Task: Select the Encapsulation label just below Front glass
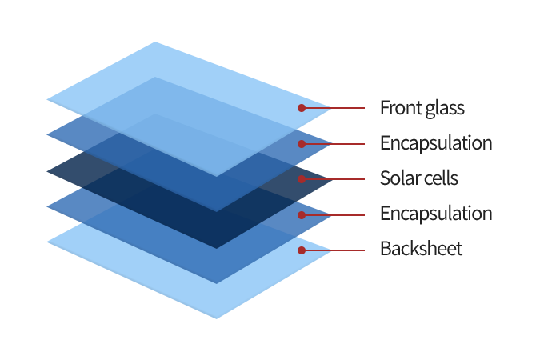point(436,143)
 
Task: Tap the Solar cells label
point(419,178)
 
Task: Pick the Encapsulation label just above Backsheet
point(436,214)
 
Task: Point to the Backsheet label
point(422,249)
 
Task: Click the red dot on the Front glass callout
point(302,108)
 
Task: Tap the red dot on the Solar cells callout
point(302,179)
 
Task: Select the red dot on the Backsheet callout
point(302,250)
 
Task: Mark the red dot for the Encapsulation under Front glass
point(302,144)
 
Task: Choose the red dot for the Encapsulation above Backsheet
point(302,214)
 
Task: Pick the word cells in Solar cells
point(438,178)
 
